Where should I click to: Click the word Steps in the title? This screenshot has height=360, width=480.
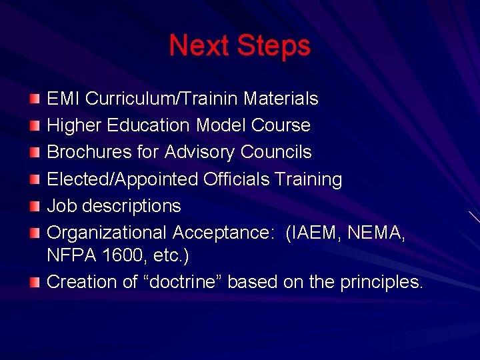tap(273, 46)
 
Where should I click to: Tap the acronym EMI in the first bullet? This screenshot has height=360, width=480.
tap(63, 99)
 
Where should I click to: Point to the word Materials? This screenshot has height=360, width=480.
tap(281, 99)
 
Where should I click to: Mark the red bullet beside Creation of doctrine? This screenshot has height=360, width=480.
tap(34, 282)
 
